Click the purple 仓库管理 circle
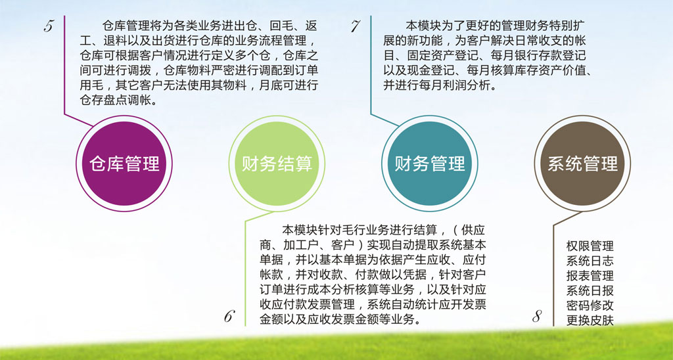[124, 164]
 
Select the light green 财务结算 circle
[277, 164]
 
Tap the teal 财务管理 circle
[430, 164]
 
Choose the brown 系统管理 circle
[582, 164]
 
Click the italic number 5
[49, 26]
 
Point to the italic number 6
[229, 317]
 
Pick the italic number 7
[355, 26]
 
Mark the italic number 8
[537, 317]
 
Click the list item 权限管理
[590, 246]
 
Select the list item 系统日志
[590, 261]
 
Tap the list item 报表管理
[590, 276]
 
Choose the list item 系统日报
[590, 291]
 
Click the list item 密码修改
[590, 305]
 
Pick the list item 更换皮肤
[590, 321]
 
